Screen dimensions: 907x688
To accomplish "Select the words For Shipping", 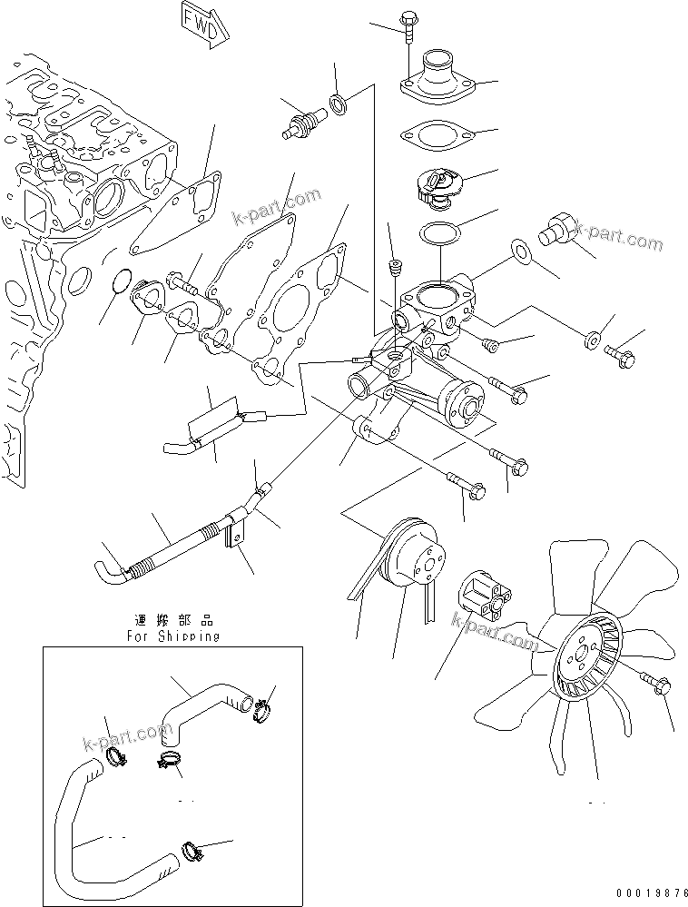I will tap(172, 636).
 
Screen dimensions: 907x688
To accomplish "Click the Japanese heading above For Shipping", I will tap(172, 620).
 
